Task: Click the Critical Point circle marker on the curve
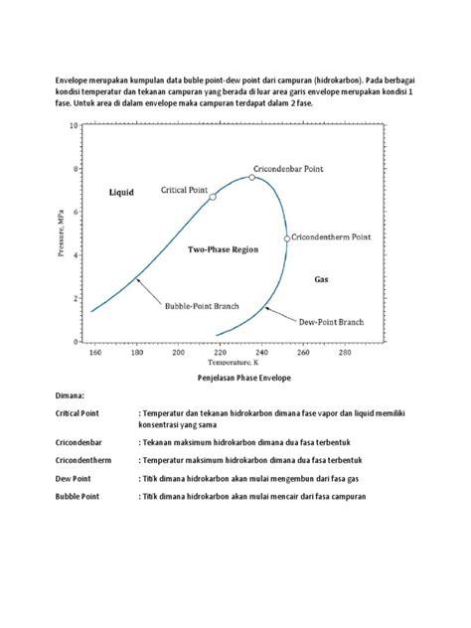click(x=213, y=197)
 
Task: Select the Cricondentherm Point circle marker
click(x=287, y=238)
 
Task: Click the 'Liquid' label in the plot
click(x=121, y=193)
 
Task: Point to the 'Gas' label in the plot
click(x=322, y=279)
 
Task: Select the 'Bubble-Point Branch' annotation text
click(x=202, y=306)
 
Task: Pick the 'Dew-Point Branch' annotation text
click(x=330, y=321)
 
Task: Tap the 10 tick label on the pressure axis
click(x=72, y=126)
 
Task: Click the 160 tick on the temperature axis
click(x=95, y=352)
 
